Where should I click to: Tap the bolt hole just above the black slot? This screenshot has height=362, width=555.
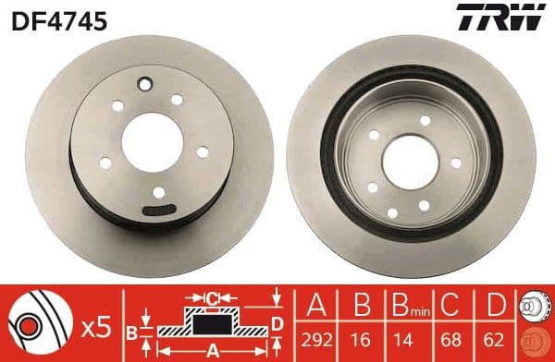tap(159, 192)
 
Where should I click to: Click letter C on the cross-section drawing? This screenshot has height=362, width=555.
tap(212, 298)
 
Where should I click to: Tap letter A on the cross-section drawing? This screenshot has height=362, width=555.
tap(211, 350)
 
